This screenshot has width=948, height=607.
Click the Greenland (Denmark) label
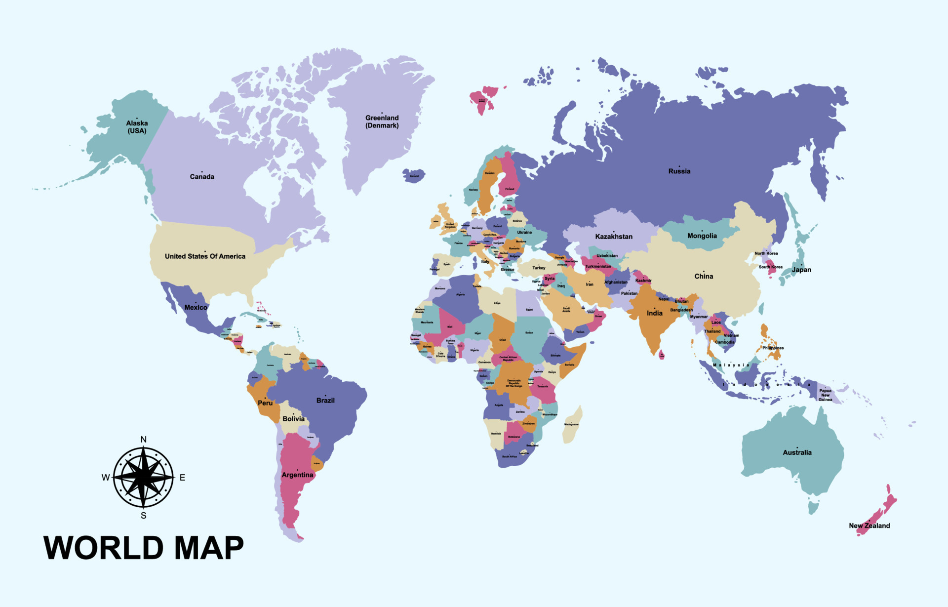point(382,121)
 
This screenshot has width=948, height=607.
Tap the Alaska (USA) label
point(137,127)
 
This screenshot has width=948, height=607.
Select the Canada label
point(202,177)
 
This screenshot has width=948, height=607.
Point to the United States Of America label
point(205,256)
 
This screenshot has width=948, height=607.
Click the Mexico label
point(196,307)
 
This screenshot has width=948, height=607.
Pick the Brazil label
point(325,401)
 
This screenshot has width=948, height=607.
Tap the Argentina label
point(297,475)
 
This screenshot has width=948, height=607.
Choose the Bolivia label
point(293,419)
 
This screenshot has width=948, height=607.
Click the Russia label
point(679,171)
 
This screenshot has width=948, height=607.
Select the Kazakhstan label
point(614,237)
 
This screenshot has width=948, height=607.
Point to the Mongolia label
point(702,236)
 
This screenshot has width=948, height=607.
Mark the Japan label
point(801,270)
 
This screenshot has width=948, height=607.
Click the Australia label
point(797,452)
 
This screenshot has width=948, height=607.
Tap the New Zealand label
point(869,526)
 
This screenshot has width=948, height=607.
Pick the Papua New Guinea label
point(826,395)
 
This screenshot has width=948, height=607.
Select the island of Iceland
point(414,175)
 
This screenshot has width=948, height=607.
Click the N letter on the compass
point(144,440)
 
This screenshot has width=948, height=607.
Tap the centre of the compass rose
point(143,477)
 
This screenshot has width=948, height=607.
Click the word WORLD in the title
point(104,548)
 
